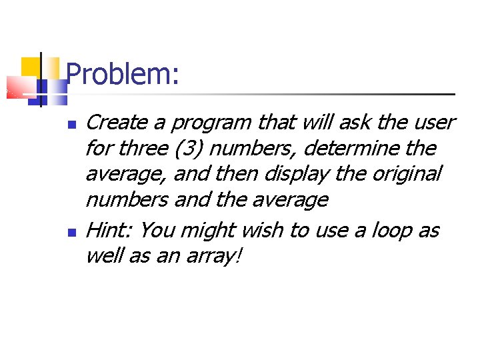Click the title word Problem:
pyautogui.click(x=123, y=74)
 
